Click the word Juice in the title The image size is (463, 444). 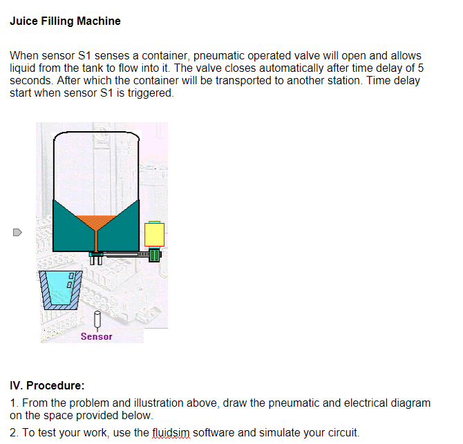coord(23,21)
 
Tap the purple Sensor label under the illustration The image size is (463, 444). coord(96,336)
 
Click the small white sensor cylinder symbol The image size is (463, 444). coord(97,320)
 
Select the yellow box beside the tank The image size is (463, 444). coord(154,235)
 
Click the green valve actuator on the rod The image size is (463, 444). coord(155,255)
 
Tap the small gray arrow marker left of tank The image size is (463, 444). coord(17,232)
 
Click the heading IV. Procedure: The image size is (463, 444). coord(47,385)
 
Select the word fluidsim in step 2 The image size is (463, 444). coord(169,433)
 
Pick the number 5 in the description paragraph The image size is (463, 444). coord(420,68)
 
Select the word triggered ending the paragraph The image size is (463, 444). coord(149,93)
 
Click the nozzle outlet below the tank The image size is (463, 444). coord(96,259)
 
